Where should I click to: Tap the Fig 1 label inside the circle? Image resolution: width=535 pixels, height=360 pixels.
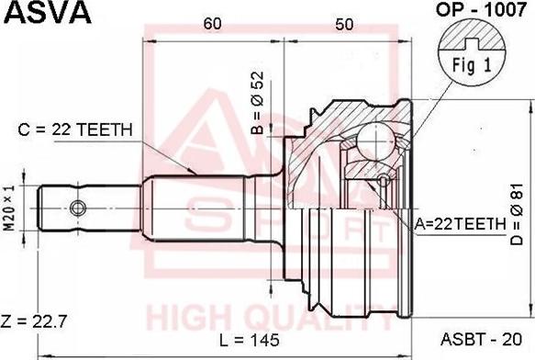click(x=474, y=65)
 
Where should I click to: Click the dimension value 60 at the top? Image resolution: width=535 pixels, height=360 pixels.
click(x=213, y=25)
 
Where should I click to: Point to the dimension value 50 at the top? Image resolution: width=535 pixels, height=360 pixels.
click(x=344, y=25)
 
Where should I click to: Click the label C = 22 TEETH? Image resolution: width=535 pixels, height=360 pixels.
click(x=75, y=131)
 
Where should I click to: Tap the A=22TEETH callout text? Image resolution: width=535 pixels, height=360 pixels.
click(x=459, y=223)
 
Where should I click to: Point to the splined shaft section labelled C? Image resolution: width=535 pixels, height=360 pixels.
click(x=197, y=204)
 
